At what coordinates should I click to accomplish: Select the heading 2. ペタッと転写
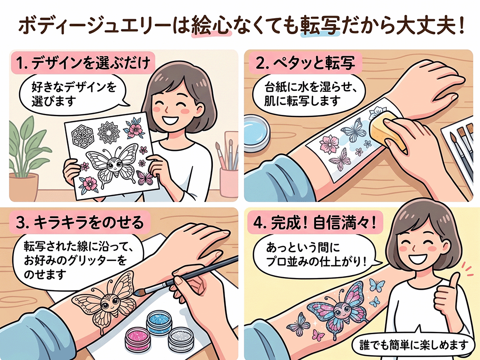click(305, 63)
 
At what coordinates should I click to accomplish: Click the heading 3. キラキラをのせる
click(80, 223)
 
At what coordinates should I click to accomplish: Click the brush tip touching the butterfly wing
click(137, 293)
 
